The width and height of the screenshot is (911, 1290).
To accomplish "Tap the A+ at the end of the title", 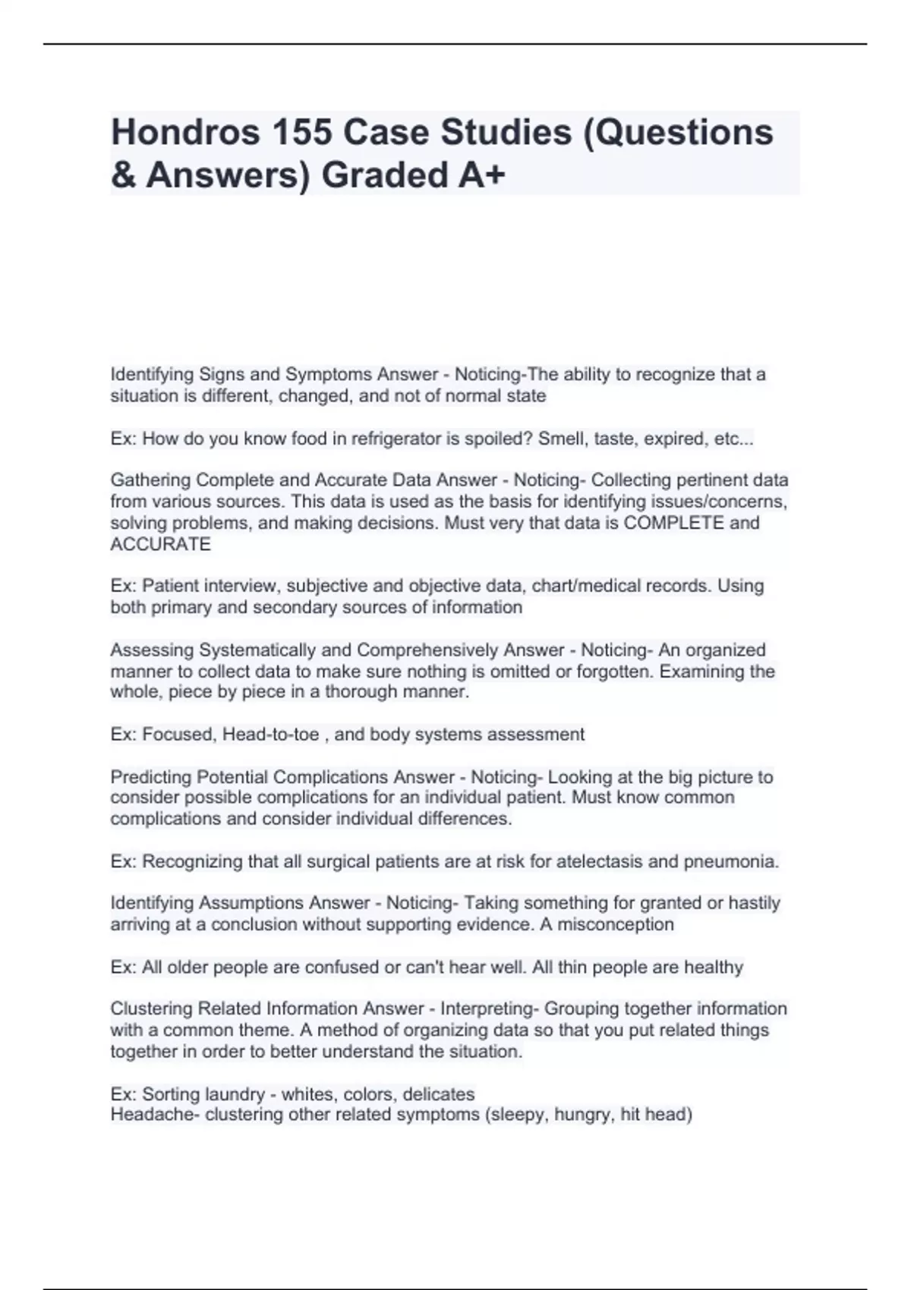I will [481, 175].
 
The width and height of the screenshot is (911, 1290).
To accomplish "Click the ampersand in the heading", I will [122, 175].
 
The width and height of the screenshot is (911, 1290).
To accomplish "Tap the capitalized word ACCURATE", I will [160, 544].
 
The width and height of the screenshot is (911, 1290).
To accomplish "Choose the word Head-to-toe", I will [270, 735].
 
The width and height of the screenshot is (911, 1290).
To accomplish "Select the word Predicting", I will [151, 777].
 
